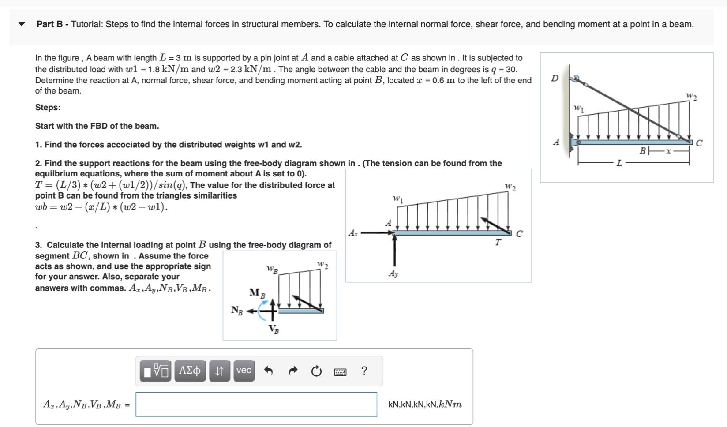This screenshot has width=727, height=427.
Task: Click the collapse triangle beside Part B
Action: (22, 24)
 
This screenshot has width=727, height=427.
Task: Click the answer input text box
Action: (256, 404)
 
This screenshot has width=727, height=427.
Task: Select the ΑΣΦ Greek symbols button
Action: (190, 371)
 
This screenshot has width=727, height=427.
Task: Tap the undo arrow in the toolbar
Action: (268, 371)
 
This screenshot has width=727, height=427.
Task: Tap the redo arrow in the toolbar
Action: (293, 371)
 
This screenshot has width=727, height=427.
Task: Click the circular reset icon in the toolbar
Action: (316, 371)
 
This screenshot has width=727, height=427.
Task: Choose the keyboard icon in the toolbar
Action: (340, 372)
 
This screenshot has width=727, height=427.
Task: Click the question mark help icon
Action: (364, 371)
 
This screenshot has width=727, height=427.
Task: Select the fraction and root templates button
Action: (155, 371)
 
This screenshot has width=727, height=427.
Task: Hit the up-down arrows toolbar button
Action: (219, 371)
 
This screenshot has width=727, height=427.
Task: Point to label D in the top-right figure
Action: (555, 78)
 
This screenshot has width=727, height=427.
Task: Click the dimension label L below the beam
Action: (619, 163)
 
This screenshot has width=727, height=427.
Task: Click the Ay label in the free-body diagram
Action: (393, 274)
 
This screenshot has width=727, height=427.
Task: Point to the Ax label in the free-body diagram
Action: (353, 233)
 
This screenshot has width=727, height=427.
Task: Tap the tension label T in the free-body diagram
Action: (498, 242)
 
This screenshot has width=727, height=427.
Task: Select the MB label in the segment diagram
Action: (257, 293)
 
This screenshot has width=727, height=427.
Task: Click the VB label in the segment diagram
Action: (274, 329)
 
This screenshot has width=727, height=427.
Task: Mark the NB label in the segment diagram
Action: (237, 311)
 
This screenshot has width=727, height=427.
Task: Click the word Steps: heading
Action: (48, 108)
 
